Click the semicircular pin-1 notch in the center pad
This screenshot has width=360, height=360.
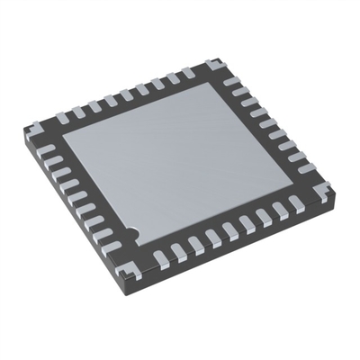click(x=131, y=232)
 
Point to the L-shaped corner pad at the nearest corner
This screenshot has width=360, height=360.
click(x=136, y=263)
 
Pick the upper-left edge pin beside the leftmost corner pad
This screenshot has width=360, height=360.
click(x=62, y=116)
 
